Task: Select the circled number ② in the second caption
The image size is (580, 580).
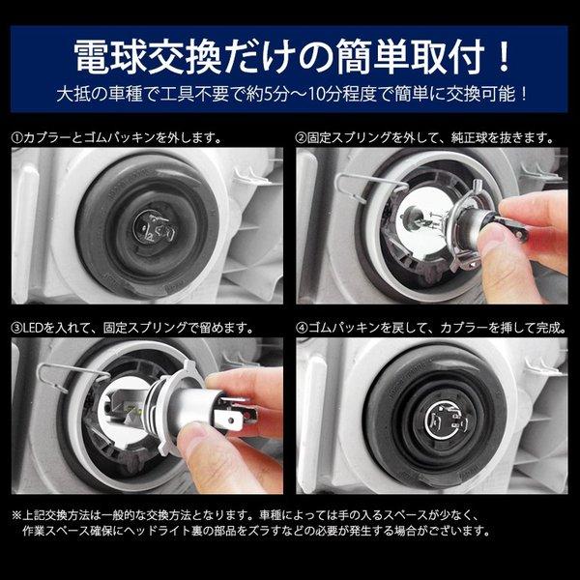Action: point(302,137)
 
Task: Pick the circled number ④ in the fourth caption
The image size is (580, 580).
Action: point(302,328)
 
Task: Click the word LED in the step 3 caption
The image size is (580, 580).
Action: point(36,328)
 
